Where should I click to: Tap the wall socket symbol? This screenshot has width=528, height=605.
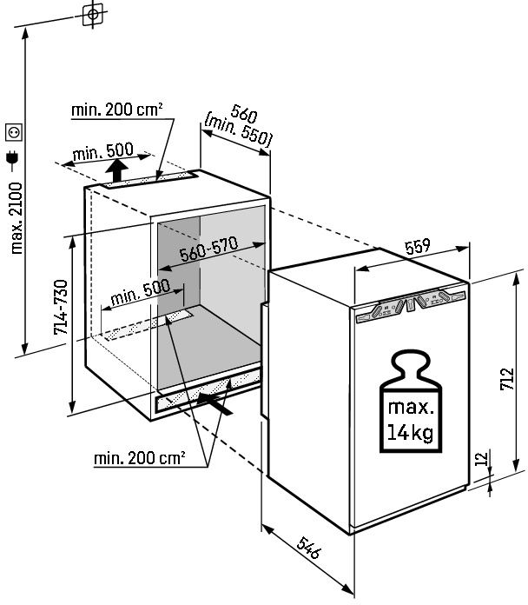pyautogui.click(x=15, y=132)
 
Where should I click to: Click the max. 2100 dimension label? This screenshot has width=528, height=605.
pyautogui.click(x=16, y=217)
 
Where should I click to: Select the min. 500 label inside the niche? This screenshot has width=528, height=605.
pyautogui.click(x=139, y=293)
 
